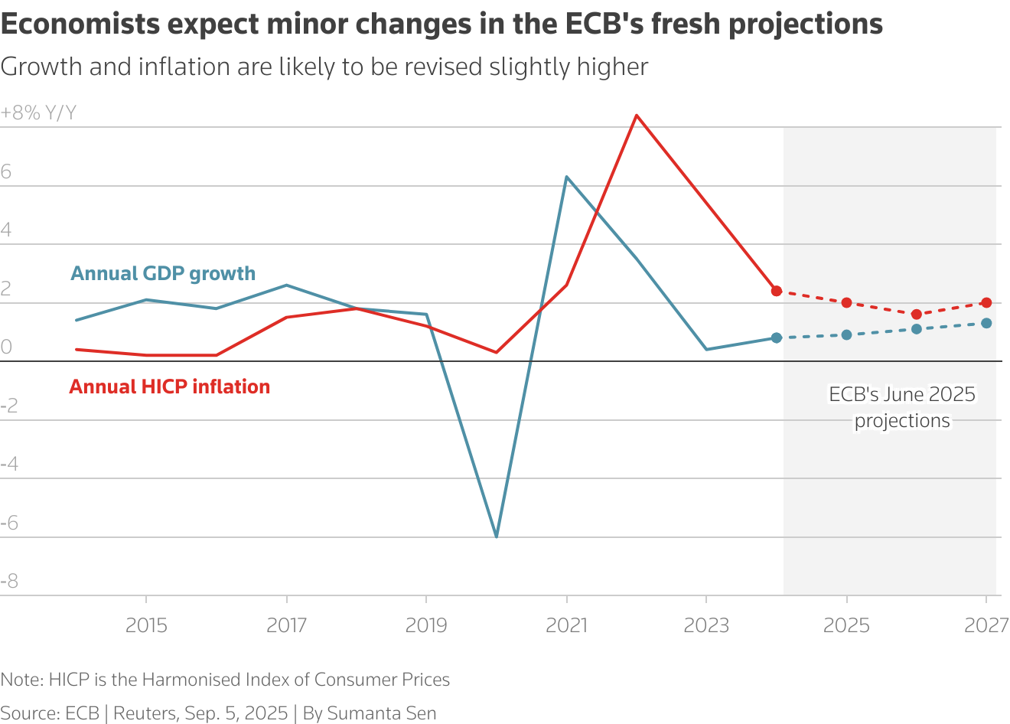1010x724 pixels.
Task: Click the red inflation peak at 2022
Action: pyautogui.click(x=637, y=116)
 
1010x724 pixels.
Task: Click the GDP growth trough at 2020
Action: pyautogui.click(x=497, y=536)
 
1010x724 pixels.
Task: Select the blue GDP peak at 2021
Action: pyautogui.click(x=566, y=177)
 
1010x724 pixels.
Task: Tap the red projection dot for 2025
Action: pyautogui.click(x=846, y=302)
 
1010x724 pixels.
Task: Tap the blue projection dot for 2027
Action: pyautogui.click(x=986, y=323)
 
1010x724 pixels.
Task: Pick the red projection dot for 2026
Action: pyautogui.click(x=917, y=315)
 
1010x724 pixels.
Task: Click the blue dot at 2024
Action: pyautogui.click(x=777, y=338)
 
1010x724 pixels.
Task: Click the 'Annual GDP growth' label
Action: pyautogui.click(x=163, y=273)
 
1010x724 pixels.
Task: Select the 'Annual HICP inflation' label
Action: pyautogui.click(x=169, y=386)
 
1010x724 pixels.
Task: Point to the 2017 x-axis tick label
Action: pyautogui.click(x=286, y=625)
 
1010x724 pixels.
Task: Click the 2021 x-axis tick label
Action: pyautogui.click(x=566, y=625)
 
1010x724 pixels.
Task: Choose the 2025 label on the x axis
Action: pyautogui.click(x=846, y=625)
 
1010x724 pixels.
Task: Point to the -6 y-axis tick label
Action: pyautogui.click(x=9, y=523)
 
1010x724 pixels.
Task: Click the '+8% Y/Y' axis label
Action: pyautogui.click(x=38, y=113)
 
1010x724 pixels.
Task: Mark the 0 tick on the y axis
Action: pyautogui.click(x=6, y=347)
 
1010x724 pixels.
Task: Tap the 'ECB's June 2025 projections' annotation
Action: pyautogui.click(x=902, y=407)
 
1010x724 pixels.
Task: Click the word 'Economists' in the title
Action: pyautogui.click(x=80, y=24)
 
